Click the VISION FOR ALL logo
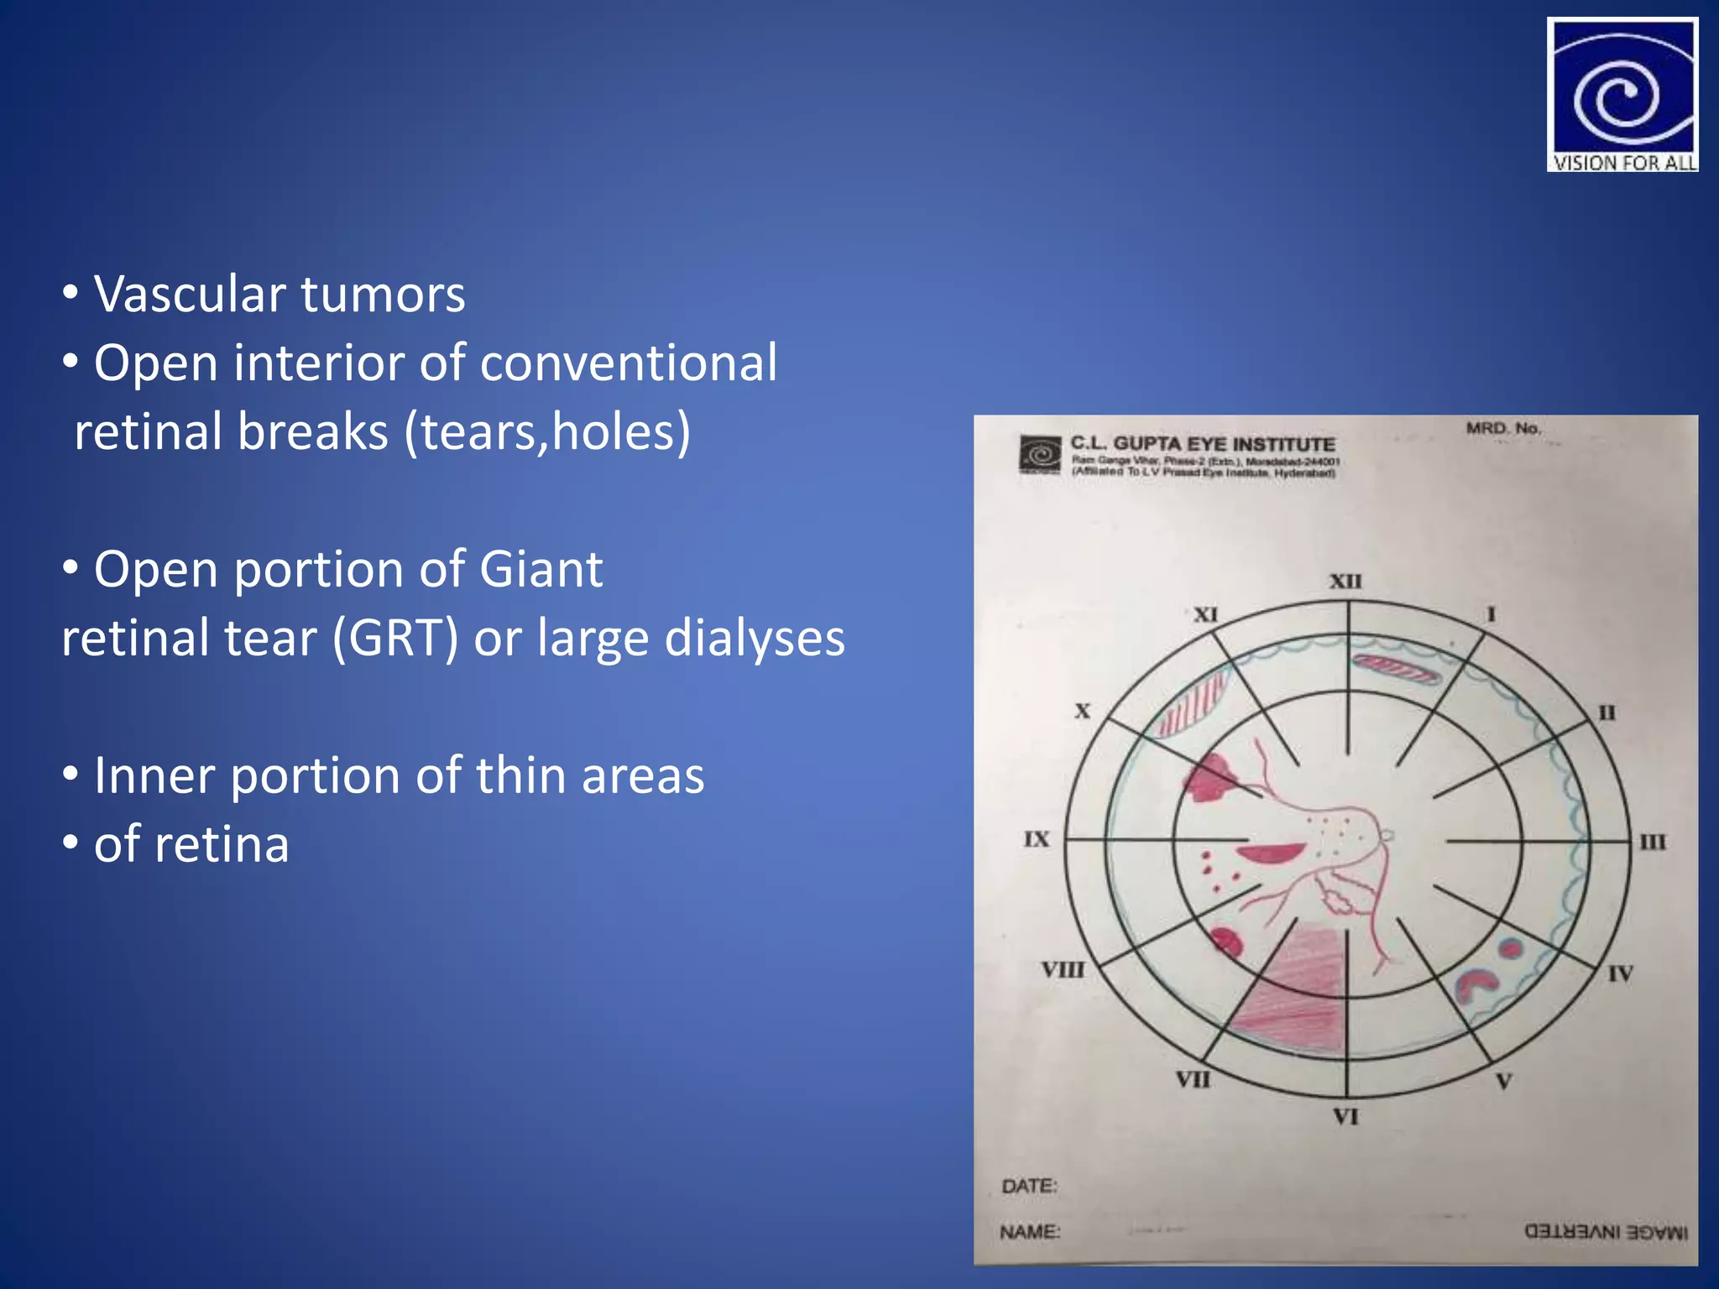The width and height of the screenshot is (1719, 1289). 1622,95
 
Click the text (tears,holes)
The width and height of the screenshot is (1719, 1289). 547,431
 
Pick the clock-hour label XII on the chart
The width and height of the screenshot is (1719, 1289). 1345,582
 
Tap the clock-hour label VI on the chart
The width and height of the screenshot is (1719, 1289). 1345,1117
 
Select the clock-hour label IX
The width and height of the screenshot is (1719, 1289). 1037,839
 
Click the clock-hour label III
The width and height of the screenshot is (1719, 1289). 1652,842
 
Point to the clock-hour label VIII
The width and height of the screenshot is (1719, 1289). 1063,970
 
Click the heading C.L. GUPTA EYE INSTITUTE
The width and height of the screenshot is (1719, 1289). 1202,444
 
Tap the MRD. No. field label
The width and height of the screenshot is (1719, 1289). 1503,428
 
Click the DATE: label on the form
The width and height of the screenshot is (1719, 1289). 1029,1186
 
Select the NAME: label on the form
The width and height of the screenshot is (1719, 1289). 1030,1232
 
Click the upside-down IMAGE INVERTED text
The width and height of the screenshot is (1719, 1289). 1606,1232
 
